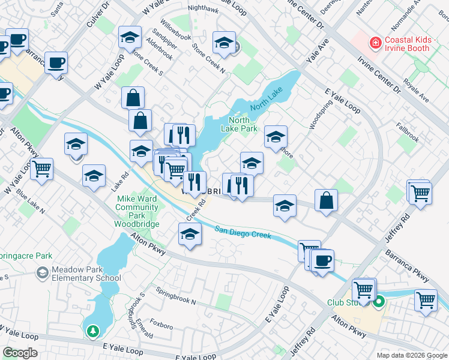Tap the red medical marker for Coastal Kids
(x=375, y=43)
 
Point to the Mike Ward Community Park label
(x=137, y=211)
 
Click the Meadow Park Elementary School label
(x=86, y=274)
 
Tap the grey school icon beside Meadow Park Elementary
(x=42, y=274)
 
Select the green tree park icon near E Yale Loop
(x=92, y=331)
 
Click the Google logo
(x=20, y=353)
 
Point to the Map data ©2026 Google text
(x=412, y=355)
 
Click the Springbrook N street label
(x=176, y=296)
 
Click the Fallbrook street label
(x=407, y=133)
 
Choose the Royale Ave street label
(x=417, y=89)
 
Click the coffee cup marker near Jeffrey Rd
(x=322, y=262)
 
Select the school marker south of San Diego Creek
(x=190, y=234)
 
